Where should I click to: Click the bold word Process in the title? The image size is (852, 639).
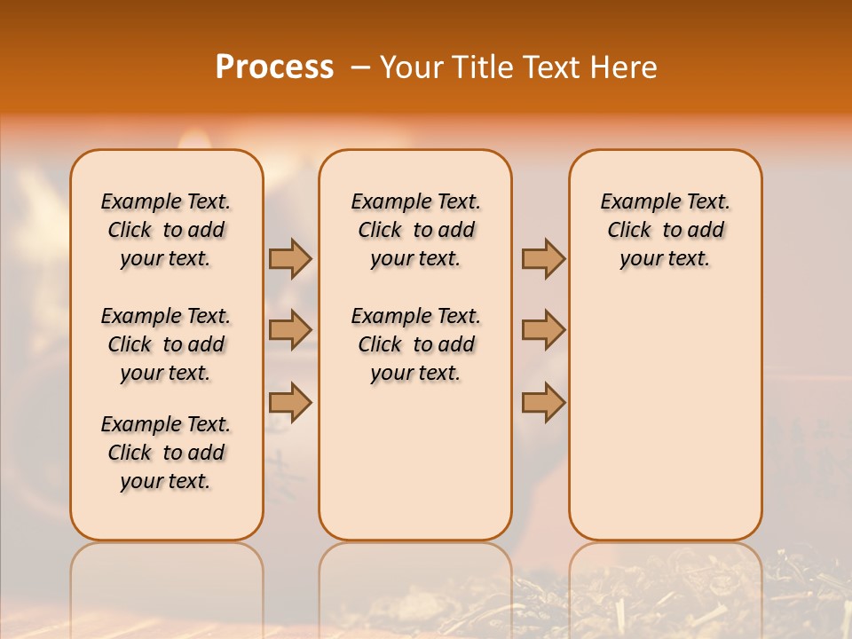coord(274,67)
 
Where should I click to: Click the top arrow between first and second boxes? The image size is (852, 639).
coord(290,258)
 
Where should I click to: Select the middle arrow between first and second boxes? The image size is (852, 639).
coord(290,330)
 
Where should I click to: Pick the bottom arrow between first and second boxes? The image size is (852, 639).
coord(290,402)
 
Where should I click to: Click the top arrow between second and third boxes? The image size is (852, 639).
coord(543,258)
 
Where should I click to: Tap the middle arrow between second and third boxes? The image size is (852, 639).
coord(543,330)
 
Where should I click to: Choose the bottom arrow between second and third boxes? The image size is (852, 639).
coord(543,402)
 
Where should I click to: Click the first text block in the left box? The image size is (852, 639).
coord(166,230)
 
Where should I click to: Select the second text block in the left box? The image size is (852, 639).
coord(166,344)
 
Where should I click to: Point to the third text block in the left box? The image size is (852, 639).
coord(166,453)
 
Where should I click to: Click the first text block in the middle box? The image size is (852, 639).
coord(415,230)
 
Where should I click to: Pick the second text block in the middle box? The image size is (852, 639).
coord(415,344)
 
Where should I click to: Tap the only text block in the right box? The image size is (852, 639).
coord(665,230)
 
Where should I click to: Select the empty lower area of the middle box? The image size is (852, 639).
coord(415,461)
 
